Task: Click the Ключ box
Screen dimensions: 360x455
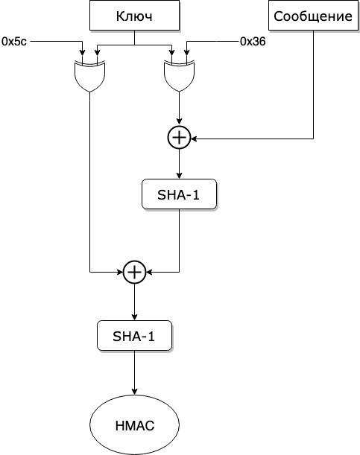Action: coord(134,16)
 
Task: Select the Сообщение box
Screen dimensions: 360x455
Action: coord(313,16)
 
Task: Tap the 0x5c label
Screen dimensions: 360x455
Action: coord(14,42)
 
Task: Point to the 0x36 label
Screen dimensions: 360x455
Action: coord(253,42)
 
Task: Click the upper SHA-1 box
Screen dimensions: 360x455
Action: coord(179,194)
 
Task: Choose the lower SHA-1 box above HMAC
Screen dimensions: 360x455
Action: coord(134,335)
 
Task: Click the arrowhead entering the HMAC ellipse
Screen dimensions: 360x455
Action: coord(134,391)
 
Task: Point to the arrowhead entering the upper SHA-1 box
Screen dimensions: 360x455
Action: coord(179,175)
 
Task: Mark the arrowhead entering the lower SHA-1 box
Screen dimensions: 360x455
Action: coord(134,317)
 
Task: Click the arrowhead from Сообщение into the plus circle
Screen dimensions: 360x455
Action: coord(194,139)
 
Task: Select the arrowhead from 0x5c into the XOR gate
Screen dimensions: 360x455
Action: coord(83,52)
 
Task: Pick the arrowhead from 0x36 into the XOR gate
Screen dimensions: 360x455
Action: coord(186,52)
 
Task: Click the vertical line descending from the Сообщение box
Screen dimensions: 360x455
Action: coord(313,84)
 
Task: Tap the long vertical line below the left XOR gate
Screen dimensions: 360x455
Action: coord(89,182)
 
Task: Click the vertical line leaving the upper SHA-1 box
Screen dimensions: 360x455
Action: coord(179,241)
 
